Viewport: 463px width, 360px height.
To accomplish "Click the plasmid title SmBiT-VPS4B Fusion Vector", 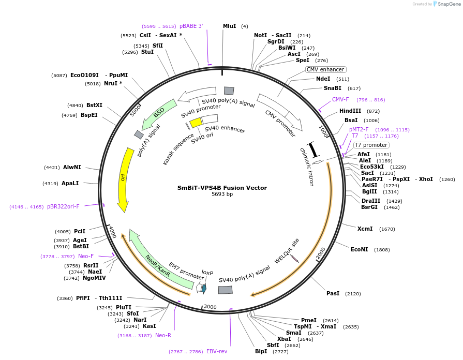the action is [222, 188].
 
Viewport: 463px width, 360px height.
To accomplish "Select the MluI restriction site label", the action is [229, 26].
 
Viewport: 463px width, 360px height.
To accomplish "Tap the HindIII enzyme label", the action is [350, 111].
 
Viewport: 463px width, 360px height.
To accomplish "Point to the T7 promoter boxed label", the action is [371, 145].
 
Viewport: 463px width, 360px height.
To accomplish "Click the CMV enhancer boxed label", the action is [325, 69].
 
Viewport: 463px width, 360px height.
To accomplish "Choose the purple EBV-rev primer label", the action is [216, 351].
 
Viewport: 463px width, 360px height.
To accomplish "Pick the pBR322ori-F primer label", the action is [63, 206].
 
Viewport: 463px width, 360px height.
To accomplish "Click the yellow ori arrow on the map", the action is [124, 178].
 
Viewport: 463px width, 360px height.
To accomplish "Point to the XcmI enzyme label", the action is [365, 229].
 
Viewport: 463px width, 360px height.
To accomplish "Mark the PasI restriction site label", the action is [333, 293].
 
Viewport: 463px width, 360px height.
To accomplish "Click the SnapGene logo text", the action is [448, 4].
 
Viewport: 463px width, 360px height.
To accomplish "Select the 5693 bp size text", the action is [222, 194].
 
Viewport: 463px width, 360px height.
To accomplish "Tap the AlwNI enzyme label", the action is [72, 167].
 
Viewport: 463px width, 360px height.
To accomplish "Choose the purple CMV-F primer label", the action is [340, 99].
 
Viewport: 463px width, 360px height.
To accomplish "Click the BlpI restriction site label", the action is [261, 351].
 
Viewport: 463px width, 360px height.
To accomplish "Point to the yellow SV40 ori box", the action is [196, 123].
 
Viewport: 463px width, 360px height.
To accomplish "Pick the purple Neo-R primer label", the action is [163, 335].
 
